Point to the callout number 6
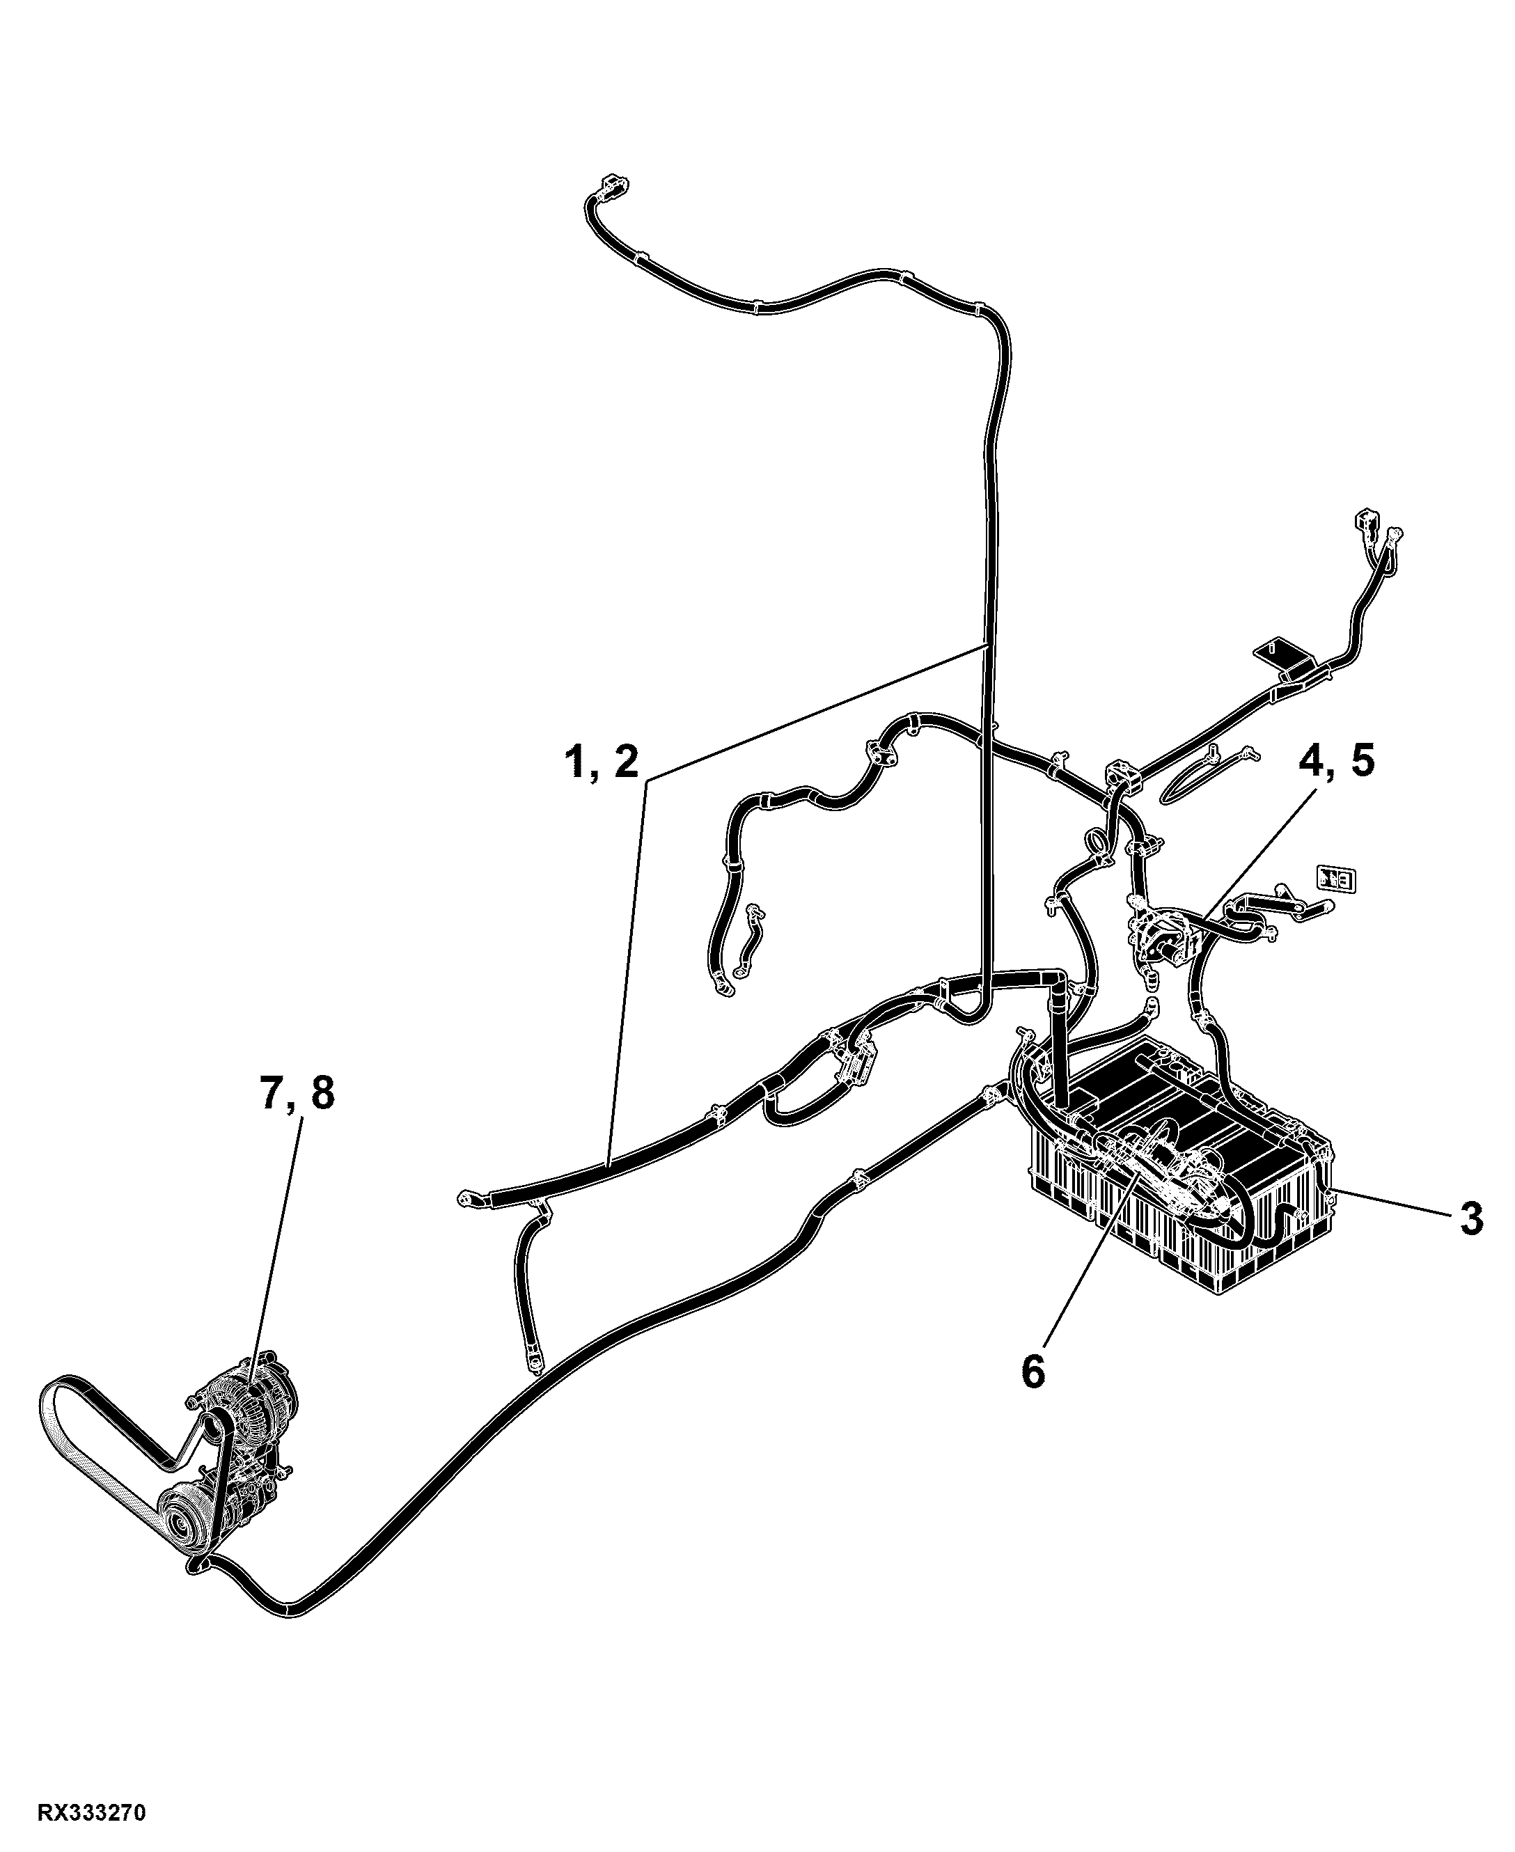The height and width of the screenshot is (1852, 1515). point(1033,1373)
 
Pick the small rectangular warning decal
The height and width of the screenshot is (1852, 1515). point(1336,878)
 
